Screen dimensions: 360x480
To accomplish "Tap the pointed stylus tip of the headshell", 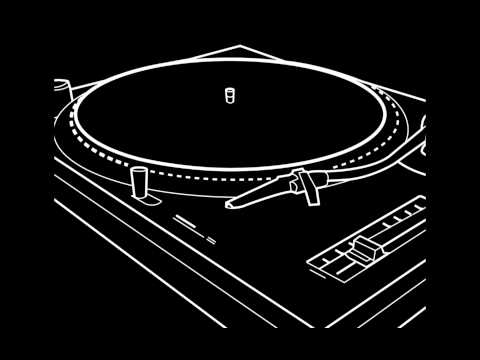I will pos(228,206).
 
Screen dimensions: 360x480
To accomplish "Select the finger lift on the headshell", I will pos(297,181).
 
